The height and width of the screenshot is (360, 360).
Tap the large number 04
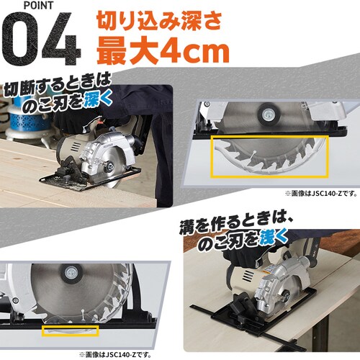(x=42, y=45)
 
